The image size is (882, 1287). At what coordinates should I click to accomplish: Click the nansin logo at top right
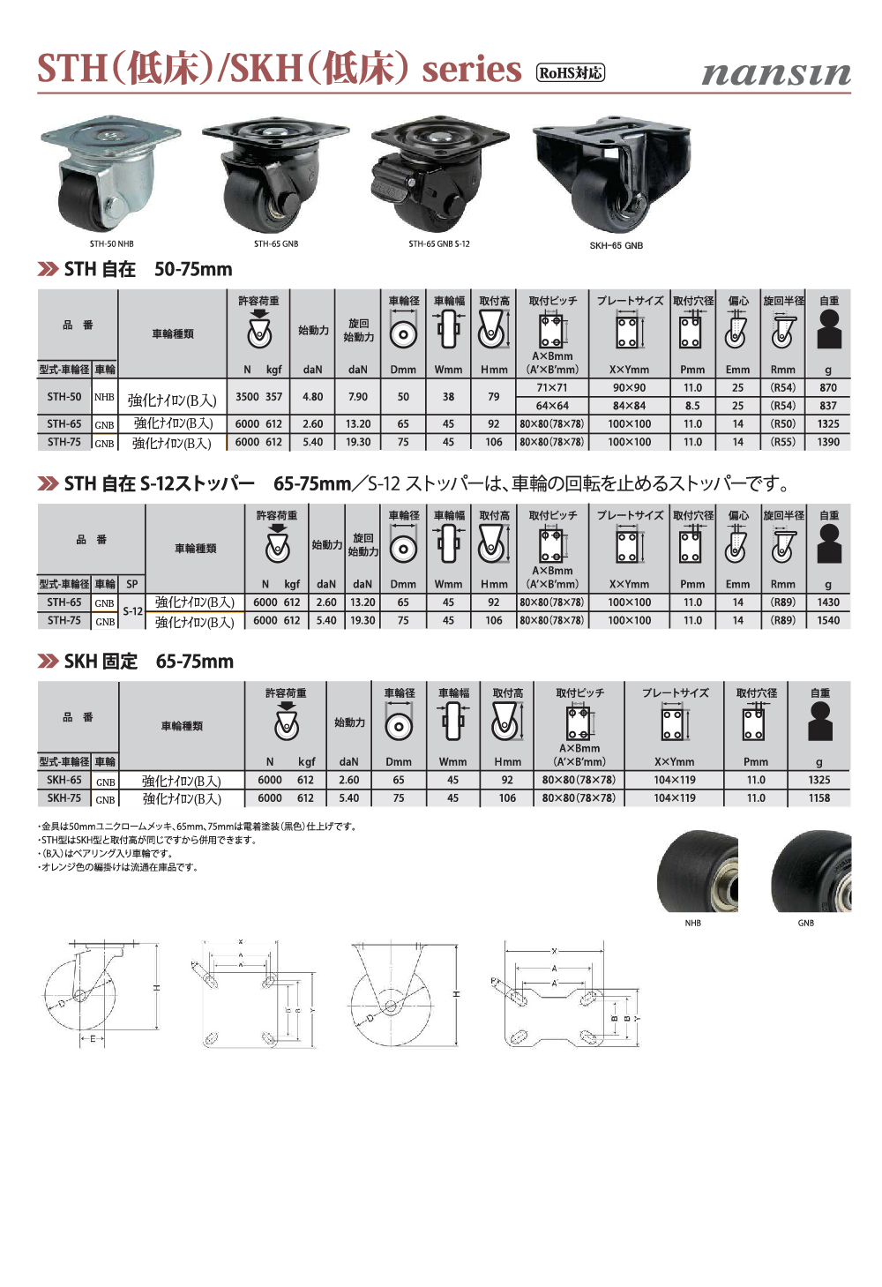point(775,74)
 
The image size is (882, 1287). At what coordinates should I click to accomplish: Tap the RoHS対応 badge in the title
point(571,72)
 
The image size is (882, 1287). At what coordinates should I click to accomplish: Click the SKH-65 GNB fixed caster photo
point(612,175)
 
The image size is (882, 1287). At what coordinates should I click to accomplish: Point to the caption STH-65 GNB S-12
point(439,243)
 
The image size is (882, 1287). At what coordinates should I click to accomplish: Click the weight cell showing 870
point(828,388)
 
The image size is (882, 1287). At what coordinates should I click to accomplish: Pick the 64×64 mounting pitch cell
point(552,406)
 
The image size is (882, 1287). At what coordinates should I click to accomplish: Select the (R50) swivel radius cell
point(782,424)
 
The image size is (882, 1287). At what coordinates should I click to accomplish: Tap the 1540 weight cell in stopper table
point(828,620)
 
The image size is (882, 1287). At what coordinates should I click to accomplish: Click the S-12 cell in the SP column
point(132,611)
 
